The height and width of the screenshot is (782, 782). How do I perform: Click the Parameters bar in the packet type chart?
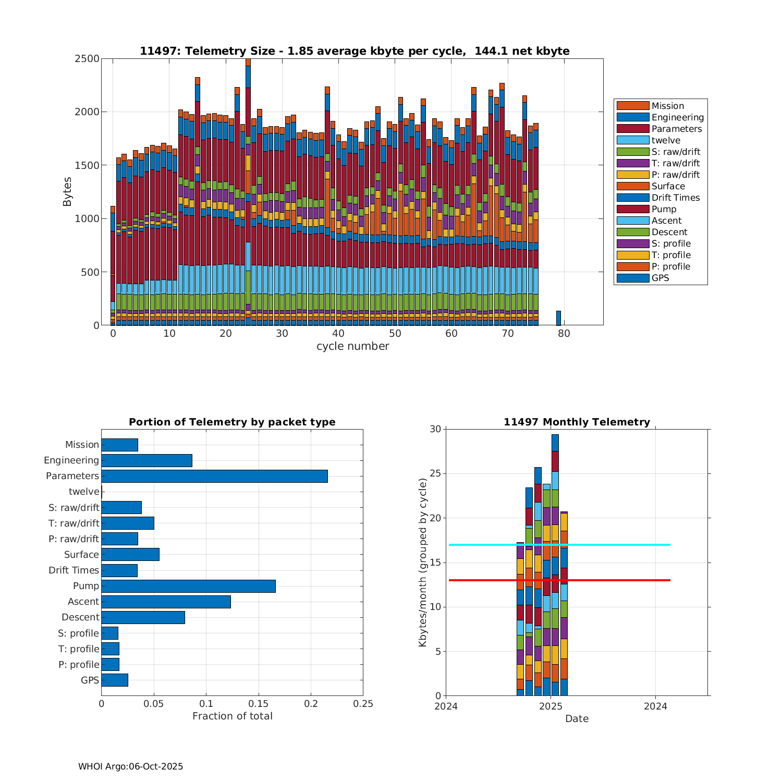click(214, 476)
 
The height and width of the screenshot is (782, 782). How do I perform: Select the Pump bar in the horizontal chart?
click(188, 586)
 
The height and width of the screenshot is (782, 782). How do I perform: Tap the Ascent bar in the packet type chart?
click(166, 602)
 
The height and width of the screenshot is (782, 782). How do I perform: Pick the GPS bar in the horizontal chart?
click(115, 680)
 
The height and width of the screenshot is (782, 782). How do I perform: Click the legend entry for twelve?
click(666, 140)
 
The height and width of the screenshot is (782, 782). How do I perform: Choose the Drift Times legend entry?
click(675, 198)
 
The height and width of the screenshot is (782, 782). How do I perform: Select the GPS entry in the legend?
click(660, 278)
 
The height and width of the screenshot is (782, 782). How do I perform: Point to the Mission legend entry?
click(667, 106)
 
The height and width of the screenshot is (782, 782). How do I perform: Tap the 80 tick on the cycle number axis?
click(564, 334)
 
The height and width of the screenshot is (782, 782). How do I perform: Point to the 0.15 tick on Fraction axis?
click(259, 704)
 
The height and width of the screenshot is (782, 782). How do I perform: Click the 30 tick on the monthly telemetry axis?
click(435, 429)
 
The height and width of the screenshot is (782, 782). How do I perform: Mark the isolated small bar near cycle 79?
click(558, 318)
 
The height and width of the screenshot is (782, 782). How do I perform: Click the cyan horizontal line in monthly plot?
click(615, 545)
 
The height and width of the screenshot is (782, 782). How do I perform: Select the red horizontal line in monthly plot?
click(615, 580)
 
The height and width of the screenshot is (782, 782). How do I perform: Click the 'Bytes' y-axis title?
click(67, 192)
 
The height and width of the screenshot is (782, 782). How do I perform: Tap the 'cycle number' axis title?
click(352, 346)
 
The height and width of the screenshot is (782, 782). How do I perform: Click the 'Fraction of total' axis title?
click(232, 716)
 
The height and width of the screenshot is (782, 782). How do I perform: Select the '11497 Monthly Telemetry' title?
click(577, 422)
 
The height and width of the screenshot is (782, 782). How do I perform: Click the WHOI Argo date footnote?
click(130, 766)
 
